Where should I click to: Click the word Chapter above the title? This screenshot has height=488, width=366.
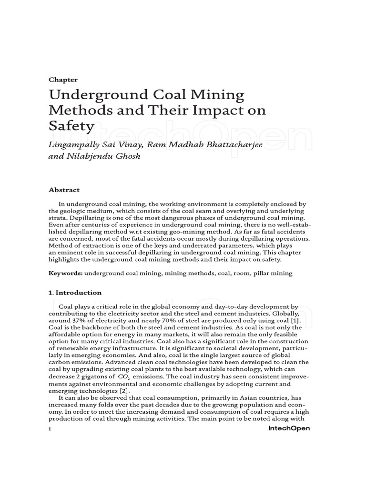pyautogui.click(x=63, y=80)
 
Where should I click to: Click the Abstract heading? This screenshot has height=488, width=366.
pyautogui.click(x=64, y=189)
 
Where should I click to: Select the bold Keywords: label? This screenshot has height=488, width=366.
pyautogui.click(x=66, y=274)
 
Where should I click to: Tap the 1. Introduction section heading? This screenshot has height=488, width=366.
pyautogui.click(x=75, y=293)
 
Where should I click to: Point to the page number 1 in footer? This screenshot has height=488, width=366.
pyautogui.click(x=50, y=429)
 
